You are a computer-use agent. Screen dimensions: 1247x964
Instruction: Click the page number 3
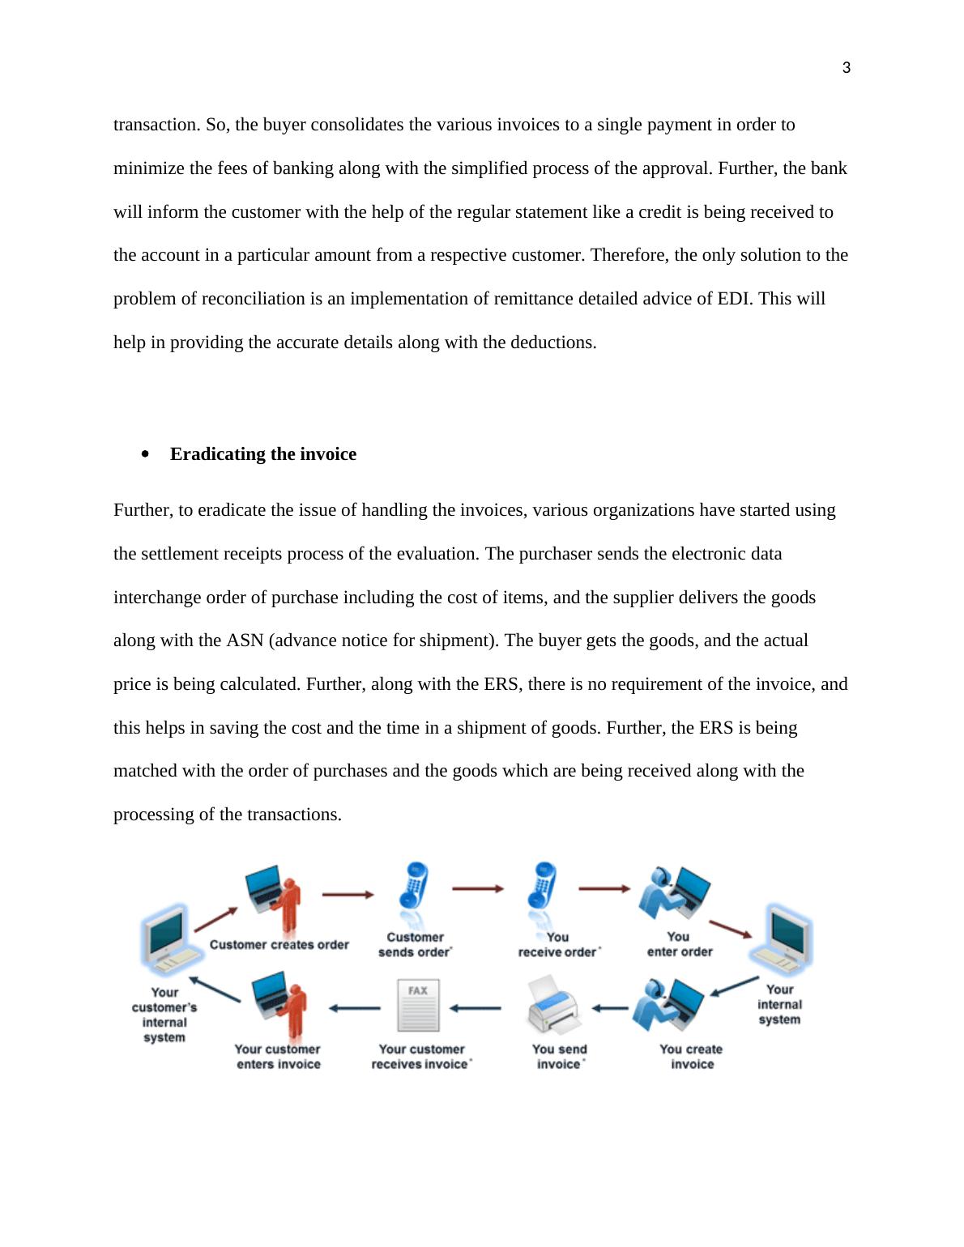[847, 68]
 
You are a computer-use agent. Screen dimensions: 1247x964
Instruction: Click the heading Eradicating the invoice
[262, 454]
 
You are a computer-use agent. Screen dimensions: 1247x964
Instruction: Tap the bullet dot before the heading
[146, 454]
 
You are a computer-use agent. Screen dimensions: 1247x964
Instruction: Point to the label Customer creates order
[279, 944]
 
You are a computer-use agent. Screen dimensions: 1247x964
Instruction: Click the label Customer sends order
[415, 944]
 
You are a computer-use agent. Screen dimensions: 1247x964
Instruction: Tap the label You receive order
[557, 944]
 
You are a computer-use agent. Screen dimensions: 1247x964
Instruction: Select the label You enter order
[679, 944]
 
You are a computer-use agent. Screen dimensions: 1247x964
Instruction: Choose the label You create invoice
[691, 1057]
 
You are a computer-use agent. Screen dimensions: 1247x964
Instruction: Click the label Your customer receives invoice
[420, 1057]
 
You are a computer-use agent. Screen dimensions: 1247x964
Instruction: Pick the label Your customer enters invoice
[278, 1057]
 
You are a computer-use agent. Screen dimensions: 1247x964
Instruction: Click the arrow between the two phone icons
[477, 889]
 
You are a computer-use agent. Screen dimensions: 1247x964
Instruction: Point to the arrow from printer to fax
[476, 1008]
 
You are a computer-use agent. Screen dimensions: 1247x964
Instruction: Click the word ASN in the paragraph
[245, 641]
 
